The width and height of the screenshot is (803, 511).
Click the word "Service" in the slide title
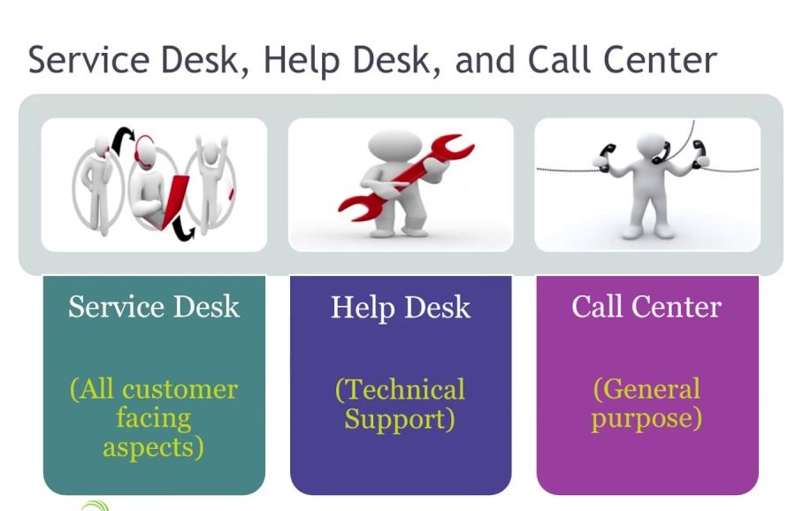pos(88,60)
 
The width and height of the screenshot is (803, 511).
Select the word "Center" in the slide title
pos(660,60)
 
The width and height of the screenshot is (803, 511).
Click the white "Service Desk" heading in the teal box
pos(154,307)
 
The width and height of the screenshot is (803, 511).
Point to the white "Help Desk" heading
pos(401,307)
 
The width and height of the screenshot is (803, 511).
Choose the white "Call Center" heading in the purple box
pos(646,307)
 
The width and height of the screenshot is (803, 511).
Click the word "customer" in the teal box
pos(180,390)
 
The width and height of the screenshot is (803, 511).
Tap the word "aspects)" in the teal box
pos(153,447)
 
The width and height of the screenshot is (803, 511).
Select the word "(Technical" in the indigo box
pos(400,390)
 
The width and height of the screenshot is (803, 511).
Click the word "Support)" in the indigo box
pos(400,419)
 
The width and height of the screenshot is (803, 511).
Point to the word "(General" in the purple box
pos(646,389)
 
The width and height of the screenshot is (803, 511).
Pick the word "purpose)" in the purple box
pos(646,418)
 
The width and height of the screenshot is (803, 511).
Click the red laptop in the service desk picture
pos(170,201)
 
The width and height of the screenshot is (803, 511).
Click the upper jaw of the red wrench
pos(452,147)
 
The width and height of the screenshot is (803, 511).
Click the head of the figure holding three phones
pos(651,149)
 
